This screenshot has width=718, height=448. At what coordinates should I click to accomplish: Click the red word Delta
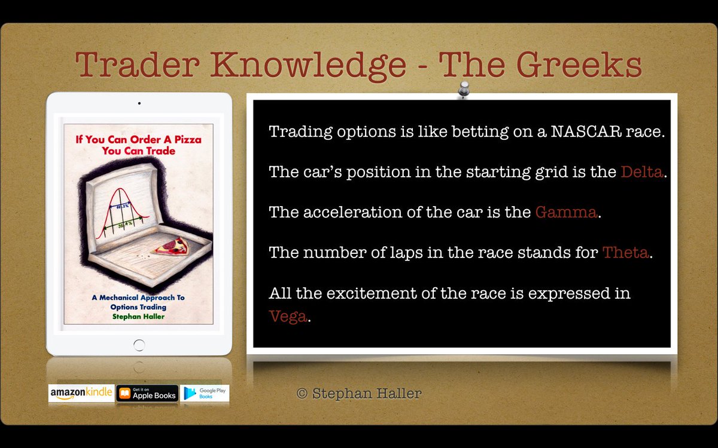(642, 172)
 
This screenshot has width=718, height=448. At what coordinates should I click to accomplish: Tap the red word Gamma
(565, 212)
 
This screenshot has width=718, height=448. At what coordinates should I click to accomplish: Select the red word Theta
(625, 252)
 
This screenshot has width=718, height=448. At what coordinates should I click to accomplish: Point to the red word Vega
(288, 316)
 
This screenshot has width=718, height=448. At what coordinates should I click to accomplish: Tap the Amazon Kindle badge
(81, 393)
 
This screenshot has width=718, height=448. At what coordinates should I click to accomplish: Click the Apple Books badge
(147, 393)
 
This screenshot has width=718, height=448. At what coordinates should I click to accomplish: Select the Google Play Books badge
(205, 393)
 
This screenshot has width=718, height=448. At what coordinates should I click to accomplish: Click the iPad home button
(139, 345)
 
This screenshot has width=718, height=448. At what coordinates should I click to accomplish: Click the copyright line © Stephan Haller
(359, 393)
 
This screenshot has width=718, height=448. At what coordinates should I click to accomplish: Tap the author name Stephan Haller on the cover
(138, 316)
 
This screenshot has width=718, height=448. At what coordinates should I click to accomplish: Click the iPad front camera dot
(139, 103)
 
